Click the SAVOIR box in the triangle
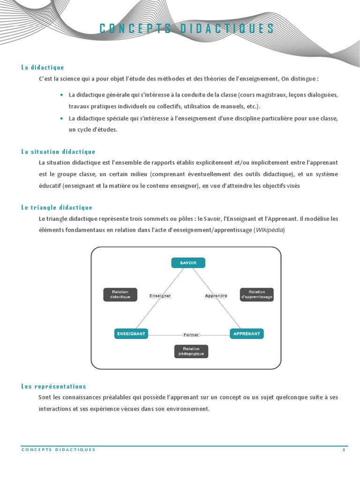[188, 263]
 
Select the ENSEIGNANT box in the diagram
[131, 334]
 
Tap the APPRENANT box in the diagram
[247, 334]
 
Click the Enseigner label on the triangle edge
[160, 296]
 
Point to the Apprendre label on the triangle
[216, 296]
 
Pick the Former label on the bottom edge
[191, 335]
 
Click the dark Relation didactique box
[120, 294]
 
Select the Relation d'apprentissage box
[256, 294]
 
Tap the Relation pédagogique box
[191, 351]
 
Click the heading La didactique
[43, 67]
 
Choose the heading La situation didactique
[58, 151]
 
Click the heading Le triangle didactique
[57, 207]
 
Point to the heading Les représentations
[54, 386]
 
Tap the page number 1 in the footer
[344, 450]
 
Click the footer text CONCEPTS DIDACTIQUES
[59, 450]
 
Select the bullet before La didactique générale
[62, 95]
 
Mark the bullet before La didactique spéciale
[62, 118]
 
